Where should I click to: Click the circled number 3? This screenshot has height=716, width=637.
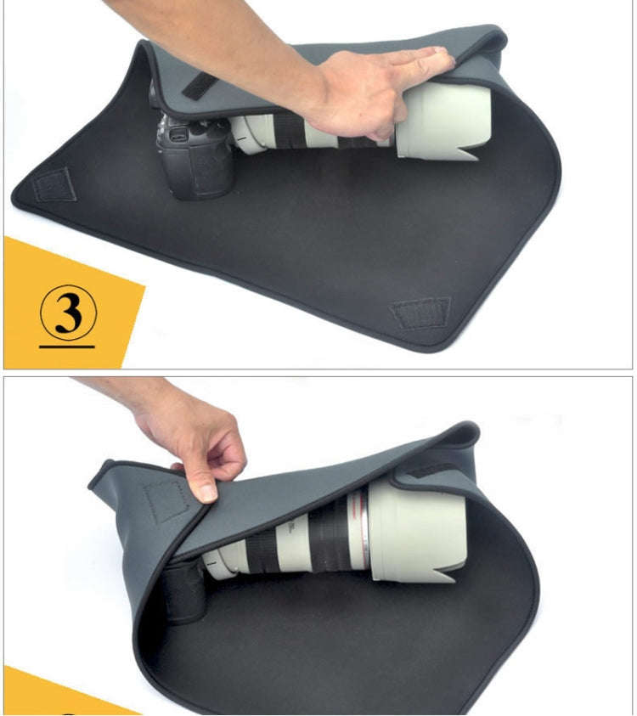68,313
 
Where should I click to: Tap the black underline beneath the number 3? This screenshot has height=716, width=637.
67,347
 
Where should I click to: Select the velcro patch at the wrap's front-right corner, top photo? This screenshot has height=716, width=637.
420,313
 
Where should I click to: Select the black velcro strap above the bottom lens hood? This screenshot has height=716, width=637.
433,466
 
